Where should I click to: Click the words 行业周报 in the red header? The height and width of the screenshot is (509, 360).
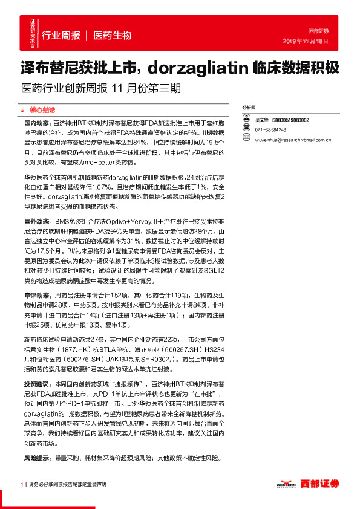(x=61, y=36)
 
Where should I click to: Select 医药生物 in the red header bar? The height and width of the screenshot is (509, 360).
(x=113, y=36)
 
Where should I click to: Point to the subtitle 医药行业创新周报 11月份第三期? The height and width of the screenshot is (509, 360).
(x=100, y=87)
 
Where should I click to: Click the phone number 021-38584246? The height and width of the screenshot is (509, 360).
(x=270, y=130)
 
